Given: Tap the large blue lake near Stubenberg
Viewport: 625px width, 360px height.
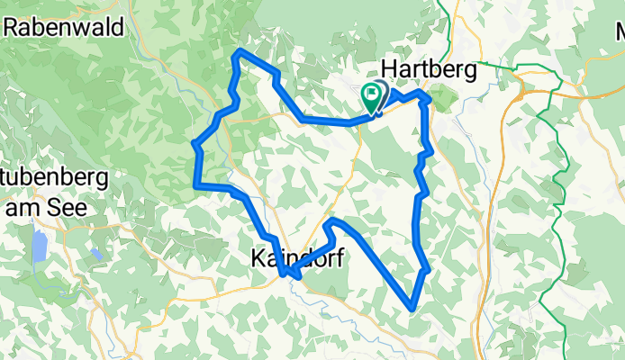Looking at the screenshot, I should point(39,246).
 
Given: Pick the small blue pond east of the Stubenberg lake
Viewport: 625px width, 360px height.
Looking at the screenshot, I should point(95,254).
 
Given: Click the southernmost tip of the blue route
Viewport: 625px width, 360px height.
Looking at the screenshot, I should point(412,309).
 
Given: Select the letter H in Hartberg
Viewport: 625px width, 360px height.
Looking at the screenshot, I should point(390,68).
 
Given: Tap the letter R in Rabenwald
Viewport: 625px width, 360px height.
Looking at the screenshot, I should point(12,26).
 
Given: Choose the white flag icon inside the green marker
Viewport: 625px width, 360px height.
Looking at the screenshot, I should point(371,93).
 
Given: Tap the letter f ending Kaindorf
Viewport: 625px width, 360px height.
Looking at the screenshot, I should point(340,258).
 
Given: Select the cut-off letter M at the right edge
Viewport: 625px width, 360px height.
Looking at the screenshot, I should point(620,35).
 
